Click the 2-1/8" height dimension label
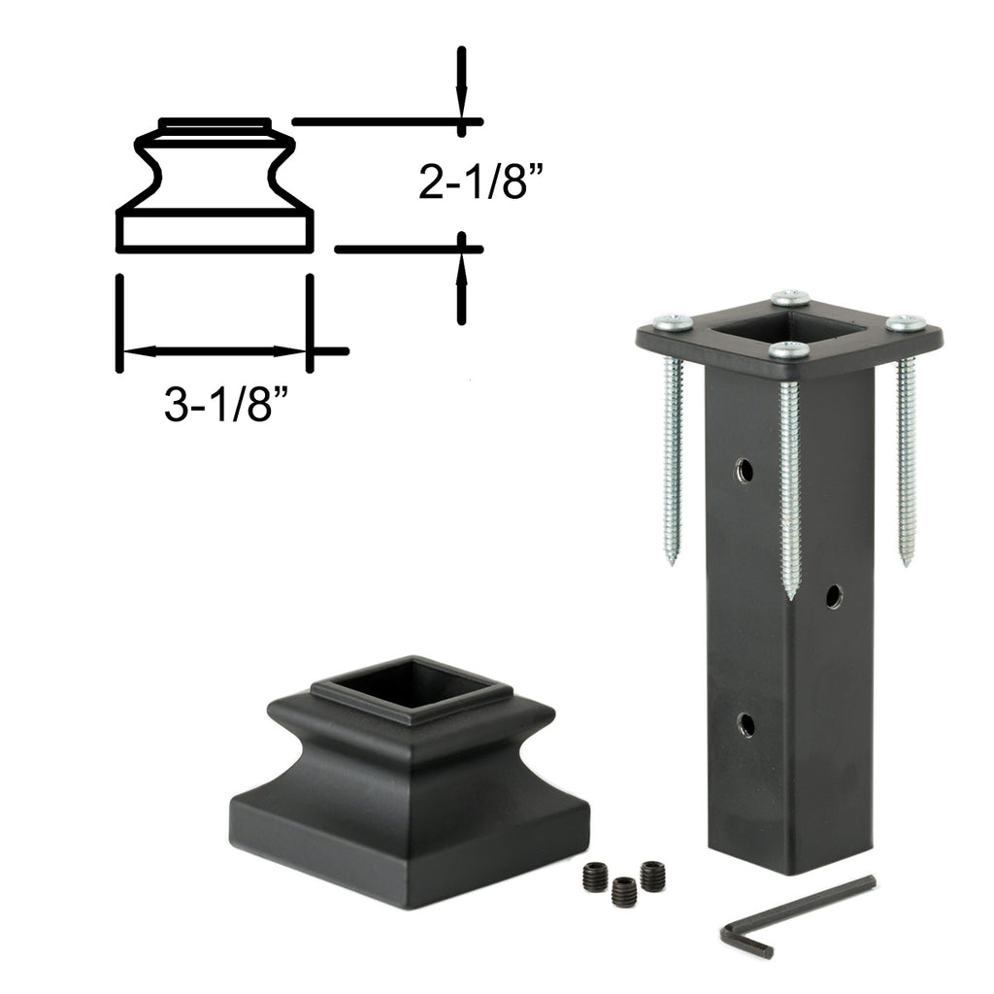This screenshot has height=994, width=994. (480, 182)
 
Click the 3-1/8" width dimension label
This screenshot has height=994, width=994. (226, 404)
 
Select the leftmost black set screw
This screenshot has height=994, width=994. (594, 877)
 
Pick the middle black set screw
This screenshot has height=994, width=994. (624, 891)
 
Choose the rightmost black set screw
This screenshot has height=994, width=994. (652, 876)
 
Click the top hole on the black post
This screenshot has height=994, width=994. (745, 471)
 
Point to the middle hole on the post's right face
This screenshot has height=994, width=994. (834, 597)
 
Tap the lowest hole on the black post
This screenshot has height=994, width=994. (746, 724)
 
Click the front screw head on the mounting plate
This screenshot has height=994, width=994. (788, 349)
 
